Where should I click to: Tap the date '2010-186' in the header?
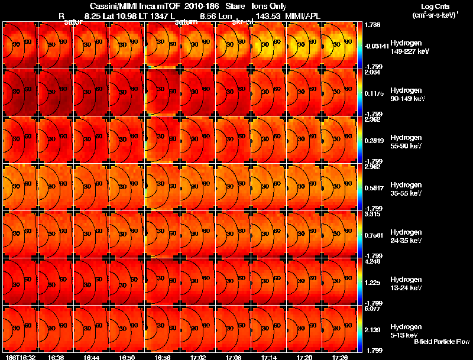pos(198,6)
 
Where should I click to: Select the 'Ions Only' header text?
pos(270,6)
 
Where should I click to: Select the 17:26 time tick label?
pos(340,356)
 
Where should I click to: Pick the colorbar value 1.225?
pos(372,283)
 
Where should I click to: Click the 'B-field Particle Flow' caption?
pos(442,342)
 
